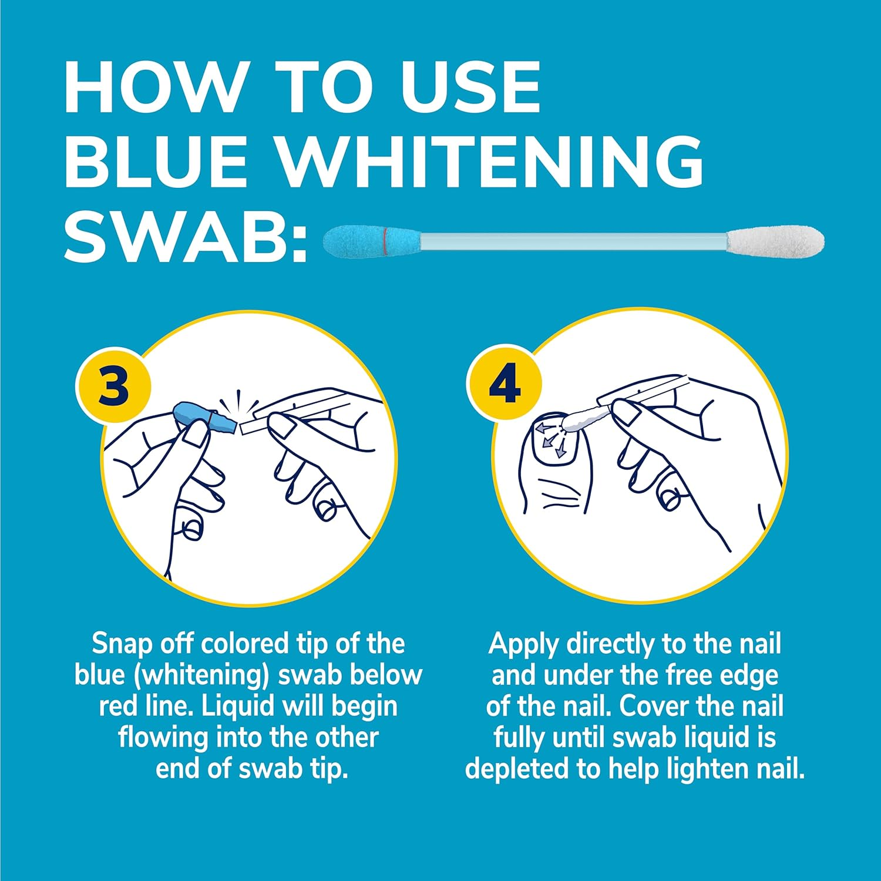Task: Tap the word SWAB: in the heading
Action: pos(186,235)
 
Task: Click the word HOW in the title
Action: pos(154,86)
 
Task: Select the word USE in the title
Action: pos(470,86)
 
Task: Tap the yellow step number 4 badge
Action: pos(505,383)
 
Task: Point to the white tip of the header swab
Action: pos(775,241)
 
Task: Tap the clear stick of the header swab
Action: pos(574,241)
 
